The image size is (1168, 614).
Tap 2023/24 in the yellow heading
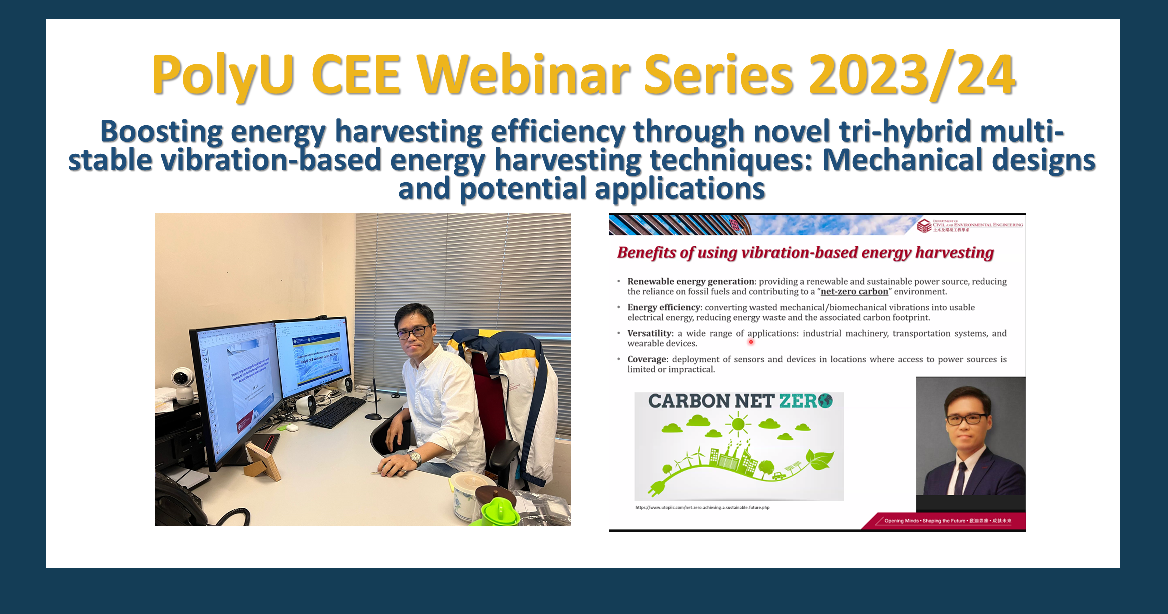click(911, 75)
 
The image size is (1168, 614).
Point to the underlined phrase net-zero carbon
click(854, 292)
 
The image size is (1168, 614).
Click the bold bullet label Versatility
click(649, 333)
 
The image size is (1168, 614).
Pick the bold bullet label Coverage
click(647, 359)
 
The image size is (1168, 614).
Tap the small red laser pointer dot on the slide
click(751, 342)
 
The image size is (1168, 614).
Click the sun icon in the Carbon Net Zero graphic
click(738, 425)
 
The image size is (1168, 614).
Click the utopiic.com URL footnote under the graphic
click(702, 508)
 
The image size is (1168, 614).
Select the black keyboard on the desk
click(337, 411)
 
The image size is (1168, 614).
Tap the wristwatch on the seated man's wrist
click(415, 457)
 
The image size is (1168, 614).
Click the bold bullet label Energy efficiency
click(663, 307)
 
